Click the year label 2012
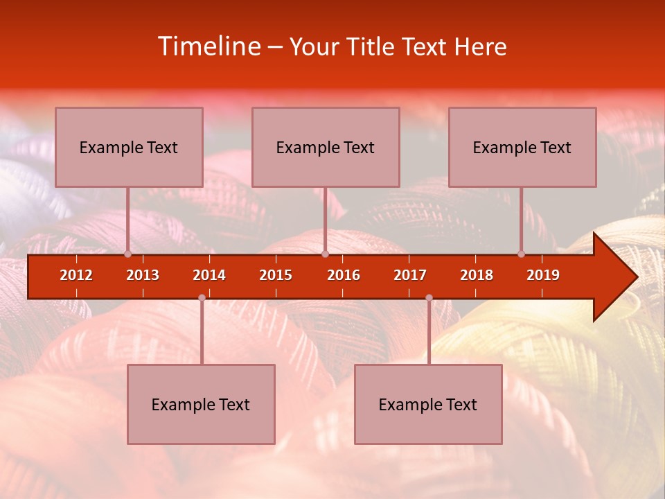point(76,275)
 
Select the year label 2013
point(143,275)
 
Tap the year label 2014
point(209,275)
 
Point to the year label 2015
point(276,275)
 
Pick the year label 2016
point(344,275)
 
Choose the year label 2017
point(410,275)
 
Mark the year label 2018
point(477,275)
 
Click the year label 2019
point(543,275)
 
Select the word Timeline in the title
point(209,46)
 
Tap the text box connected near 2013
point(129,147)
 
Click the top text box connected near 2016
point(326,147)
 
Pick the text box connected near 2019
point(522,147)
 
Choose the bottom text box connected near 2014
point(201,404)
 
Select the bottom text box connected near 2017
point(428,404)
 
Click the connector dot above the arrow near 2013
point(127,254)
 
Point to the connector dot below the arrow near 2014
point(202,297)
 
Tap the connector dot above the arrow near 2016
point(325,254)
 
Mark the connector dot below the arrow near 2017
point(429,297)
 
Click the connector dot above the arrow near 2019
point(521,254)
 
